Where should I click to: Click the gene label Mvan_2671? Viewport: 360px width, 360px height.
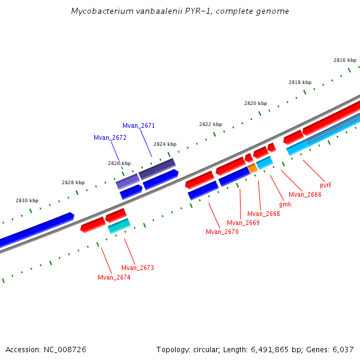139,125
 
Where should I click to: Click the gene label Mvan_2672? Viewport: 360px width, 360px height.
110,137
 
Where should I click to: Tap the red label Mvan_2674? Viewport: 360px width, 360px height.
114,277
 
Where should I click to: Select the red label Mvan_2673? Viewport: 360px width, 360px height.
137,268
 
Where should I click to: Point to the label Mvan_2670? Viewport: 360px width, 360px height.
222,232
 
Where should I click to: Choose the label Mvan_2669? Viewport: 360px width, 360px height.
243,223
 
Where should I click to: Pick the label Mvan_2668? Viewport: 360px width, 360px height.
263,214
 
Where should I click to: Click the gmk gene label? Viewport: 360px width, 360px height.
285,204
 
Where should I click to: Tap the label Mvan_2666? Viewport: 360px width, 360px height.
305,194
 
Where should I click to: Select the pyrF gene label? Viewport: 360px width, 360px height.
325,185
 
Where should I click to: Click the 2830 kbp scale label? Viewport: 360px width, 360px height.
27,200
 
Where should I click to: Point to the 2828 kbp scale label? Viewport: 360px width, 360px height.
73,182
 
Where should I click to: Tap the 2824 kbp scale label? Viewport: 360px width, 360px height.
165,144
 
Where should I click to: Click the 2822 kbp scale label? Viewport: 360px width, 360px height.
211,124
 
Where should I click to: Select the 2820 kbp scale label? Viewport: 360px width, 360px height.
255,103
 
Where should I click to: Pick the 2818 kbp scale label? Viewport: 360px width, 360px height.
300,82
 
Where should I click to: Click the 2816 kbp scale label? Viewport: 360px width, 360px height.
345,60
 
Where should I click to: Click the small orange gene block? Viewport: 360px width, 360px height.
253,169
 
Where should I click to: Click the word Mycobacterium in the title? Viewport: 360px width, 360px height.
99,11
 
